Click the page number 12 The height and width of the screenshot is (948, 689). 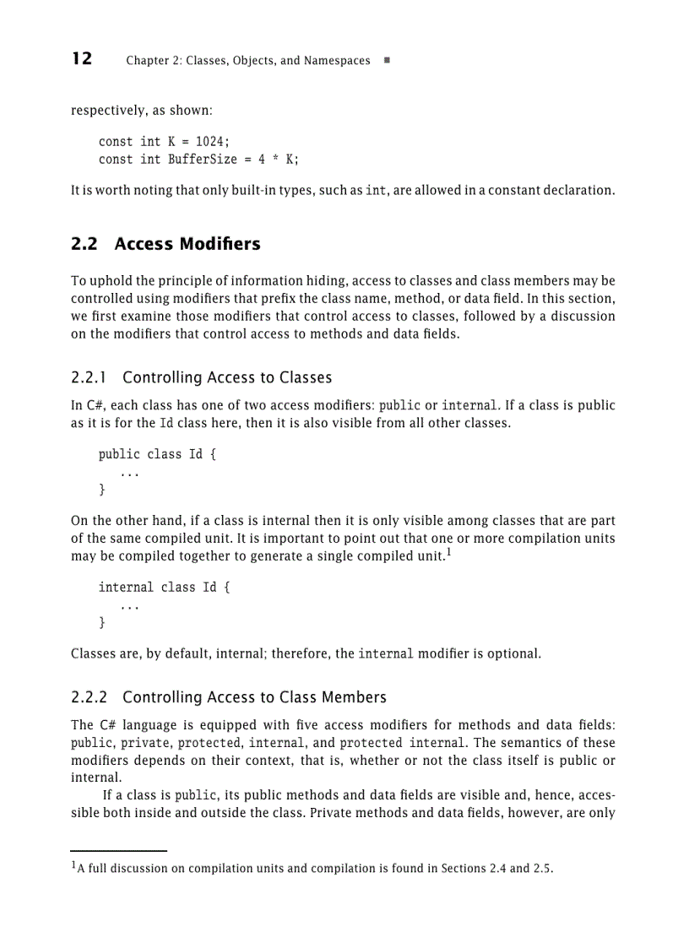[82, 59]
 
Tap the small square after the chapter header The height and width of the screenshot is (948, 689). [386, 61]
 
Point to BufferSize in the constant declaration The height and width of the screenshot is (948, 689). [202, 159]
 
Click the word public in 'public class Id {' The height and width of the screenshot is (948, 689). [119, 454]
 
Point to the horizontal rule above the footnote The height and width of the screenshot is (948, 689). [118, 851]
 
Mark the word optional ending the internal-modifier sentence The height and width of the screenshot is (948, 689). [513, 653]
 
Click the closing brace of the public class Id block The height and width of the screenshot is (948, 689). [102, 489]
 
